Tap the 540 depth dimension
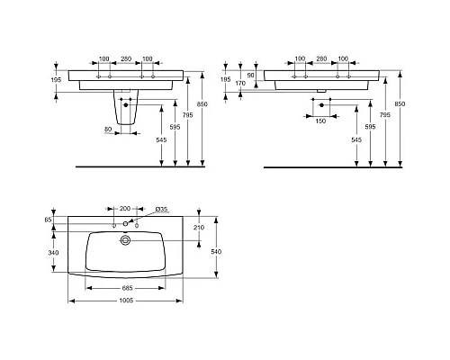coord(215,253)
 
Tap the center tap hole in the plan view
coord(125,222)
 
